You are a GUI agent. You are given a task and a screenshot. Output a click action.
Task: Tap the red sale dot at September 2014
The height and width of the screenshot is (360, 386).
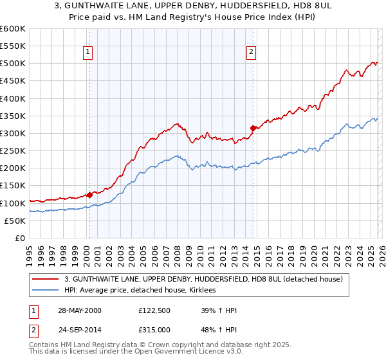(253, 128)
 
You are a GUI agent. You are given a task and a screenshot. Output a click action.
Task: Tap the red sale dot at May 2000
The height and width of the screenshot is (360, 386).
(90, 195)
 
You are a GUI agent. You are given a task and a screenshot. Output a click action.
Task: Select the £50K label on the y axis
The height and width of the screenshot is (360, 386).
(15, 221)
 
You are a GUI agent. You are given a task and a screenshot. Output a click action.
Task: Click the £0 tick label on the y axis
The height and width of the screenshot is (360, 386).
(19, 238)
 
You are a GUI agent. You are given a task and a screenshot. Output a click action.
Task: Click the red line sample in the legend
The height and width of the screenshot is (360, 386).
(46, 279)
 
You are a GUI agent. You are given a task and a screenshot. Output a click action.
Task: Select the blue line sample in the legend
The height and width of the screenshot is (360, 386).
(46, 291)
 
